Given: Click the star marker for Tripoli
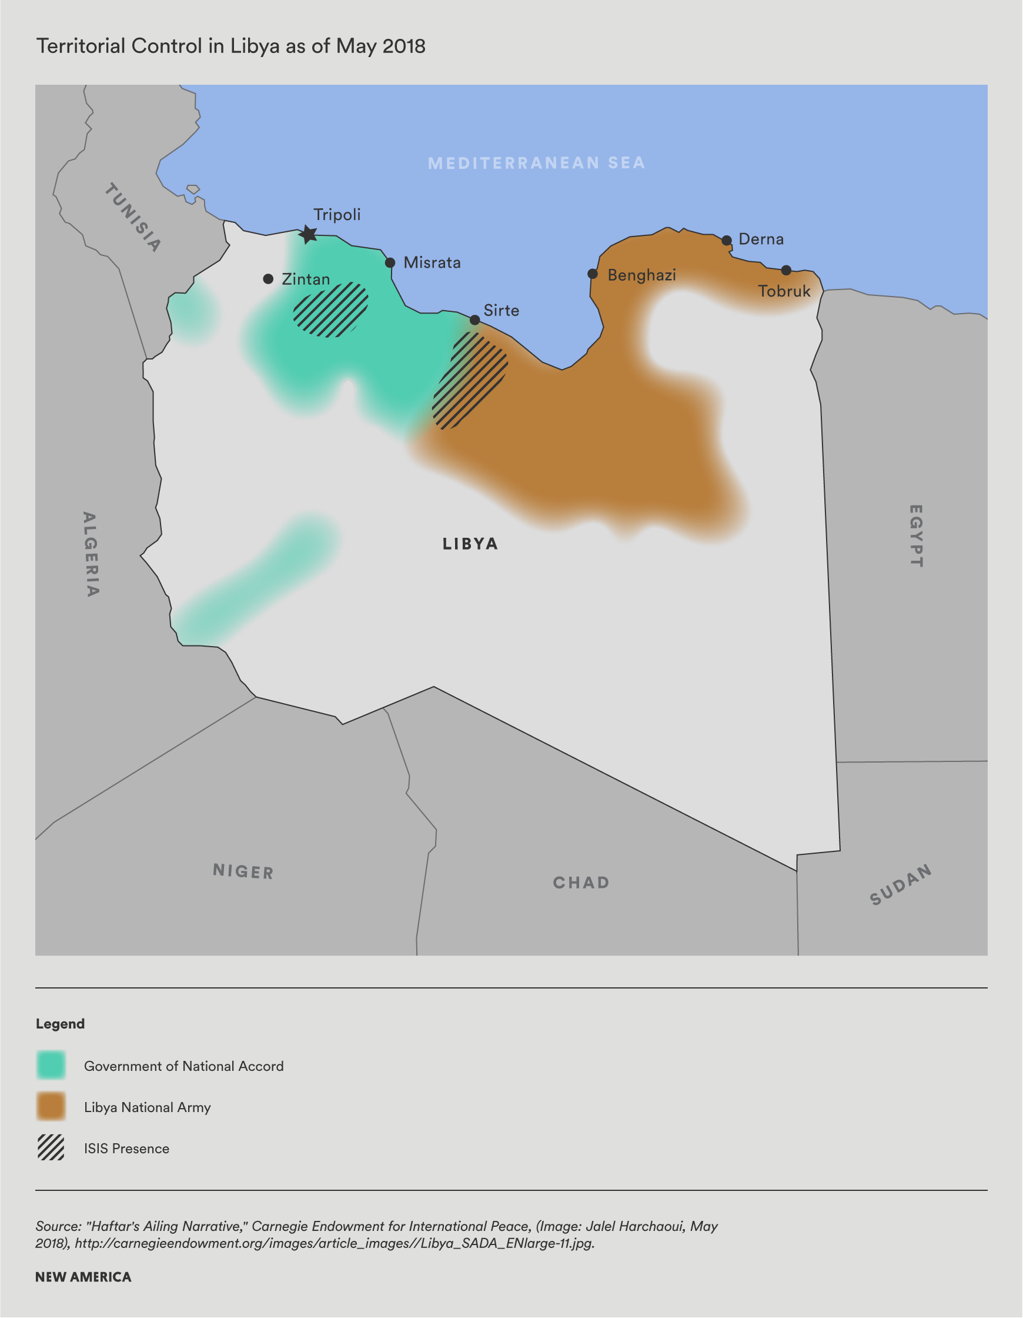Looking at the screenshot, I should click(308, 234).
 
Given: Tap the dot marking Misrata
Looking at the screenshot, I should click(390, 262).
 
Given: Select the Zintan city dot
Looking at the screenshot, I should click(269, 279).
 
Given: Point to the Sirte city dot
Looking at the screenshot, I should click(474, 320).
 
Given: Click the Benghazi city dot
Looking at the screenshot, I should click(593, 274).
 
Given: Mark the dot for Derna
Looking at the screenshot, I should click(727, 240).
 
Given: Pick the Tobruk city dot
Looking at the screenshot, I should click(786, 269).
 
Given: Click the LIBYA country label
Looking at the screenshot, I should click(470, 544).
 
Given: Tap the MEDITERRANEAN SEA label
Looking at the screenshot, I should click(536, 163).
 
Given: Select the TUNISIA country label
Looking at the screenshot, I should click(133, 217).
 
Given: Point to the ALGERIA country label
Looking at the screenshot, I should click(91, 554).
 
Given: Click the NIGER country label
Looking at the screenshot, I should click(243, 871).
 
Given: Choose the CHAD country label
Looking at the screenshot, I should click(581, 883).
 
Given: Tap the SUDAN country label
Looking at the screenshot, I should click(901, 885).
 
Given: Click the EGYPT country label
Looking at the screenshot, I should click(915, 536).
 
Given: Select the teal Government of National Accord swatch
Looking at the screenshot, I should click(51, 1066).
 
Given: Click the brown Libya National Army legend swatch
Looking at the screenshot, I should click(51, 1107).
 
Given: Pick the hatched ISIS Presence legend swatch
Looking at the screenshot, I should click(51, 1148).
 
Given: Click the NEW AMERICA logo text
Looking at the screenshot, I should click(83, 1277).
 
